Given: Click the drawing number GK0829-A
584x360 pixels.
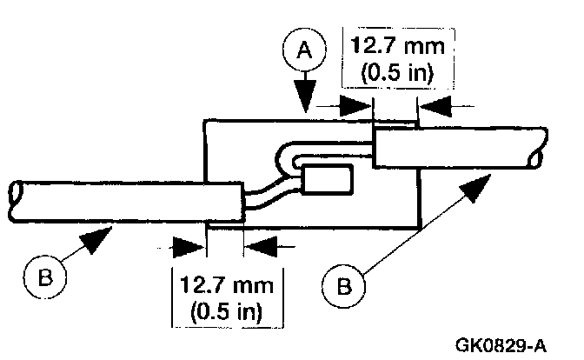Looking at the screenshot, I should [500, 345].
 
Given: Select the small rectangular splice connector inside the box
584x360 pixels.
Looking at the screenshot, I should [328, 180].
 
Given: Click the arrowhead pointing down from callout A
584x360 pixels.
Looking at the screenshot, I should [307, 98].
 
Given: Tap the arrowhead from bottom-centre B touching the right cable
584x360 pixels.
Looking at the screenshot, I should [477, 185].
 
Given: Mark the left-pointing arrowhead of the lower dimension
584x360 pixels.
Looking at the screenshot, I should [260, 246].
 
